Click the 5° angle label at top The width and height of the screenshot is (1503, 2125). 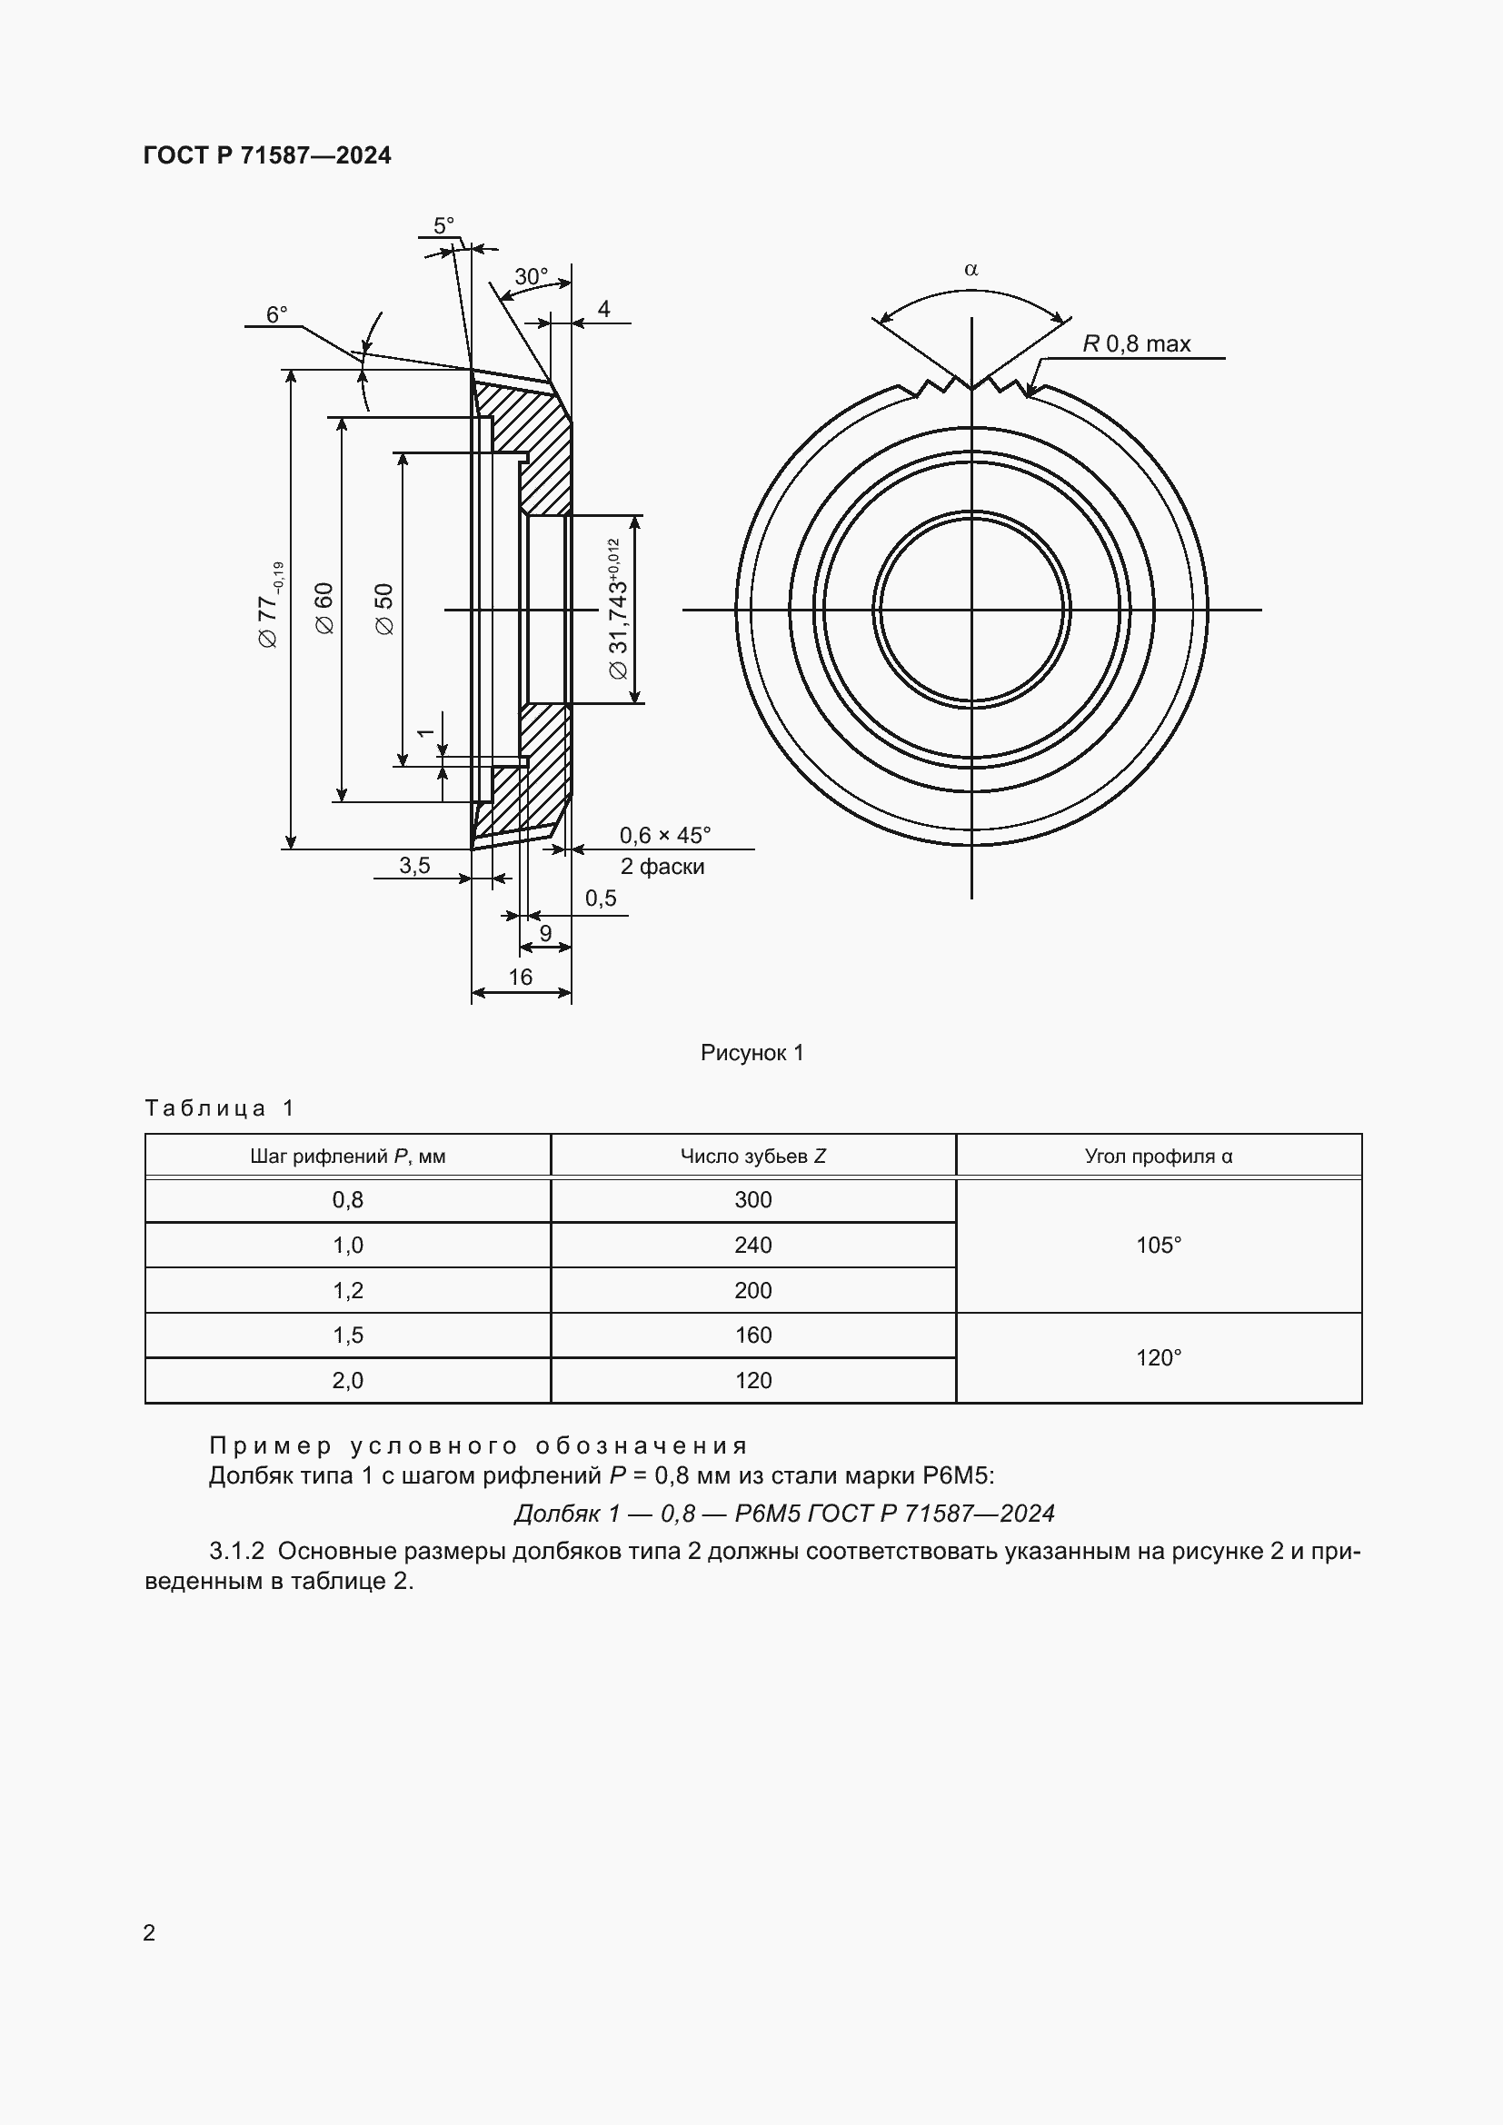click(x=443, y=226)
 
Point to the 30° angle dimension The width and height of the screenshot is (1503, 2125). click(x=532, y=276)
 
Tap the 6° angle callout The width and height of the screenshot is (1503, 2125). click(x=277, y=314)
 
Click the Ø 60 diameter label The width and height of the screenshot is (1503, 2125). click(x=324, y=608)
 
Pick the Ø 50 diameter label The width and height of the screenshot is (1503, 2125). click(x=385, y=608)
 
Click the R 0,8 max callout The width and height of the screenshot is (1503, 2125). click(x=1137, y=343)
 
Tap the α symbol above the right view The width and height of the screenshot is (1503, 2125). click(x=970, y=269)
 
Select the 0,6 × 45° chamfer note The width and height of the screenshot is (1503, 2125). click(x=664, y=835)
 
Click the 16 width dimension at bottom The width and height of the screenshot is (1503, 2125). click(x=520, y=977)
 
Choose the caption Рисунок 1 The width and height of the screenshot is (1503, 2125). click(x=751, y=1052)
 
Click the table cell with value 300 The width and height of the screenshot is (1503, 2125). click(x=752, y=1199)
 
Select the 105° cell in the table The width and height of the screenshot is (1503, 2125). click(x=1158, y=1245)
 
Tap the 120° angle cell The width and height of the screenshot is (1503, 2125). click(x=1158, y=1357)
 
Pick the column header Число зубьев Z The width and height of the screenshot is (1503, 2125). click(x=752, y=1156)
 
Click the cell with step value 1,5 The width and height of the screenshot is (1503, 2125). click(x=348, y=1335)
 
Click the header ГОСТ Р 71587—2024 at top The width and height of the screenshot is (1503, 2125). click(x=267, y=155)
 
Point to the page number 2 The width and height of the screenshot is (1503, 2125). click(x=149, y=1932)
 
